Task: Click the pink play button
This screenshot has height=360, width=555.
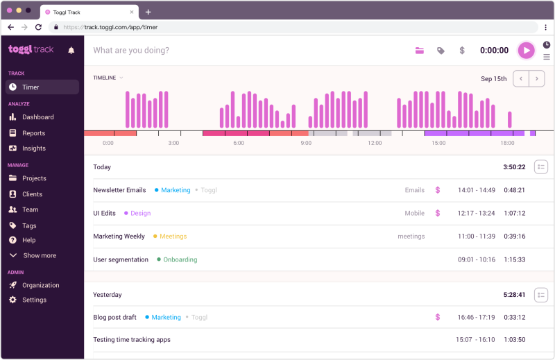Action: (526, 50)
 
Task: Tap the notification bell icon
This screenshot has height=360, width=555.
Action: (71, 50)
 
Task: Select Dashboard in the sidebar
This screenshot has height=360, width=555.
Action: (37, 117)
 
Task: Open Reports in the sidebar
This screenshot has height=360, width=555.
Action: (33, 133)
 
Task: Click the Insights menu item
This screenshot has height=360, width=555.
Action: (34, 148)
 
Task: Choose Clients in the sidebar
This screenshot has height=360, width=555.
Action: (32, 194)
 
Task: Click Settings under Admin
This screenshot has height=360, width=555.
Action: (34, 300)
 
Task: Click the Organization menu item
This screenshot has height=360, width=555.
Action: (40, 285)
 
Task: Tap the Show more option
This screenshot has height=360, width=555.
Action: (40, 255)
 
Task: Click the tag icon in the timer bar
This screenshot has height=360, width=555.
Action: (441, 51)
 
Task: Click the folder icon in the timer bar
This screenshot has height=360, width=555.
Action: (420, 51)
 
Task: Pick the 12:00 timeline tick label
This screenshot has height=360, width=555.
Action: (375, 143)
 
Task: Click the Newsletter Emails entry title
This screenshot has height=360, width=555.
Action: (119, 190)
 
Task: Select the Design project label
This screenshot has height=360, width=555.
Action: (140, 214)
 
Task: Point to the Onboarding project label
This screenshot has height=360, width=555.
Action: (180, 259)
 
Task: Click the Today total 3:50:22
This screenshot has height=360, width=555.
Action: (514, 167)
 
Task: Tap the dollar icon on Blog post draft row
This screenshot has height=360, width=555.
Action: (438, 317)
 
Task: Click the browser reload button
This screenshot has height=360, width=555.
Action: (38, 27)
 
